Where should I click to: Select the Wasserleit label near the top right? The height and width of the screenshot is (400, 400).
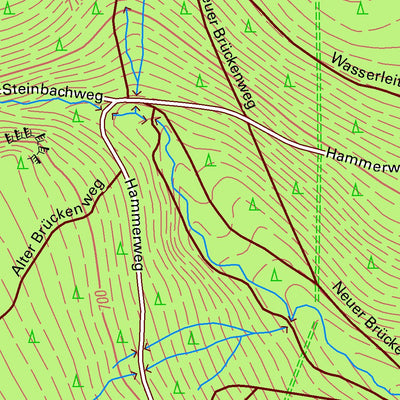[363, 71]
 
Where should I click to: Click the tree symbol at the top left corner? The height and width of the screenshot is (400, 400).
[9, 8]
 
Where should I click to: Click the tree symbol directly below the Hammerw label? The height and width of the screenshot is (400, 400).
[355, 188]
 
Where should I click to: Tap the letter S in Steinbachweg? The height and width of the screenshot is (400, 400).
[6, 90]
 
